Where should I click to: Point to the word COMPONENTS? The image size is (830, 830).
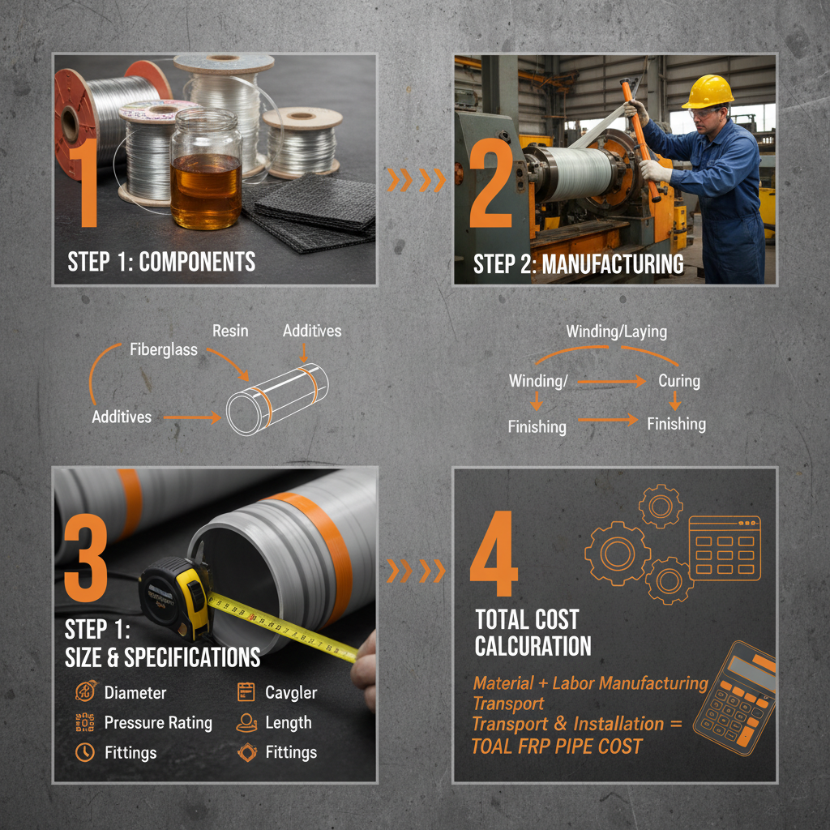point(197,262)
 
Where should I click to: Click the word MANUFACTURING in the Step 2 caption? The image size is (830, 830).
point(613,264)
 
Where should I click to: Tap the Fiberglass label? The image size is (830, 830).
point(164,349)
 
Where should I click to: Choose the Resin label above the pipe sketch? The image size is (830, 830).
point(230,331)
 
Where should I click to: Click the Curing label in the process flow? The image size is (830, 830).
point(679,381)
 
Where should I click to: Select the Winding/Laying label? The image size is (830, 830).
point(617,332)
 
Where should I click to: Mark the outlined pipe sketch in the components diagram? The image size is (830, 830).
point(277,400)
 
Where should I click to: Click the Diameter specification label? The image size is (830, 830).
point(135,693)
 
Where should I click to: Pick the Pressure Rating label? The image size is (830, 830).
point(158,723)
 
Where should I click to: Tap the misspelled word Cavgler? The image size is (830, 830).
point(291,693)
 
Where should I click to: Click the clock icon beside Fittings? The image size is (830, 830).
point(84,752)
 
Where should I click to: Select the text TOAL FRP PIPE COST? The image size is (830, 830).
point(556,747)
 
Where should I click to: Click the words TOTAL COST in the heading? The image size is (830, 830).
point(527,619)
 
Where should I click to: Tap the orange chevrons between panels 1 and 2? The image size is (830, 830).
point(416,181)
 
